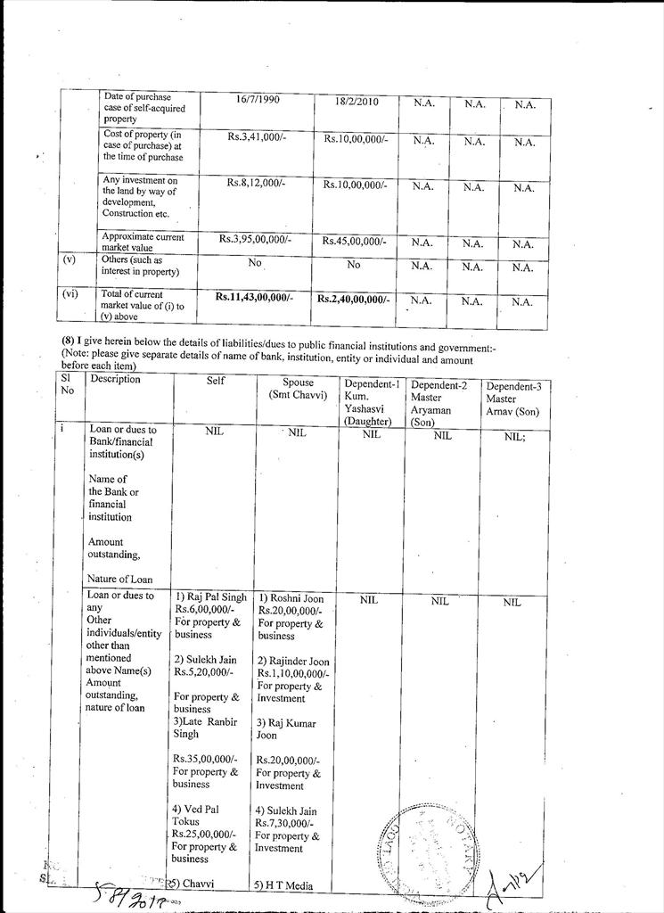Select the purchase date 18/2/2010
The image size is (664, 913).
pyautogui.click(x=357, y=103)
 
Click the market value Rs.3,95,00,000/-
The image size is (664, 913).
pyautogui.click(x=255, y=239)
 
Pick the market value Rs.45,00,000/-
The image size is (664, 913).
pyautogui.click(x=356, y=241)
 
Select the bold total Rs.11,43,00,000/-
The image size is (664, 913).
pyautogui.click(x=255, y=296)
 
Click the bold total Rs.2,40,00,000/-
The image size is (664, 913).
pyautogui.click(x=354, y=300)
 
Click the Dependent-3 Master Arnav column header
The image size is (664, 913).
pyautogui.click(x=513, y=399)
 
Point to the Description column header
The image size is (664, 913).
pyautogui.click(x=116, y=379)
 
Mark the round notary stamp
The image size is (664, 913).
pyautogui.click(x=427, y=843)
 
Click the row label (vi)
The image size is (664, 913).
pyautogui.click(x=70, y=292)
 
